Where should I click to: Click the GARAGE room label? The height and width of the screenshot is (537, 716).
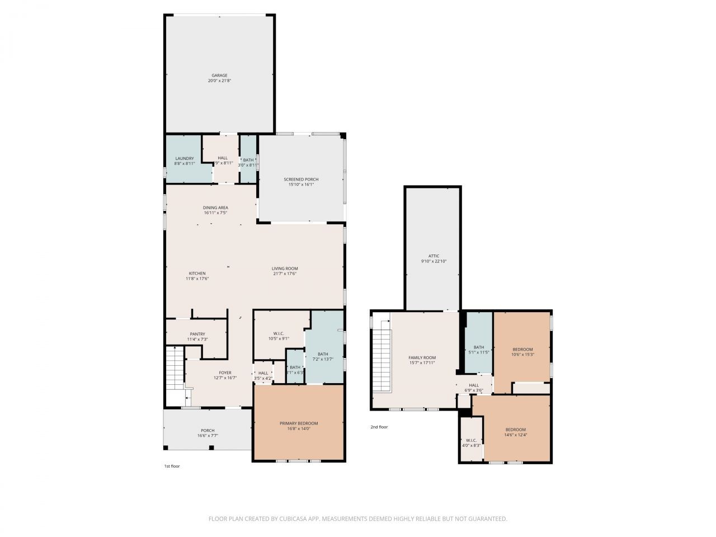click(219, 76)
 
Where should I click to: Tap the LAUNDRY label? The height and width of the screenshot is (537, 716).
click(184, 159)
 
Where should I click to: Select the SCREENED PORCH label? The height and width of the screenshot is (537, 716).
click(301, 180)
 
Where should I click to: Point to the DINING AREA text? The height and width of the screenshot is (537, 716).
click(215, 208)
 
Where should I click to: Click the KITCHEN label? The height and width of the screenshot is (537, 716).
click(197, 274)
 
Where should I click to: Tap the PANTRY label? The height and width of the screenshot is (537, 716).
click(197, 334)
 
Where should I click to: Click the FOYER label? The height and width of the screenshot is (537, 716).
click(225, 373)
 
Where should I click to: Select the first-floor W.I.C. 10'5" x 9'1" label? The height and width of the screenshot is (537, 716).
click(279, 336)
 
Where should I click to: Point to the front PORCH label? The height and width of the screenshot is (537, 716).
click(208, 431)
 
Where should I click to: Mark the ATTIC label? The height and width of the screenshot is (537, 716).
click(434, 256)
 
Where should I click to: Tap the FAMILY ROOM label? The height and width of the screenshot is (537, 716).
click(422, 358)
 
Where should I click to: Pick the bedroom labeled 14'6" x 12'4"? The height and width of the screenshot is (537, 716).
click(515, 430)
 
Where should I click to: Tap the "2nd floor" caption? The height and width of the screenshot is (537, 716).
click(379, 427)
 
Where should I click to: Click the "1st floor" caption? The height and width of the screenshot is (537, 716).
click(172, 466)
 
